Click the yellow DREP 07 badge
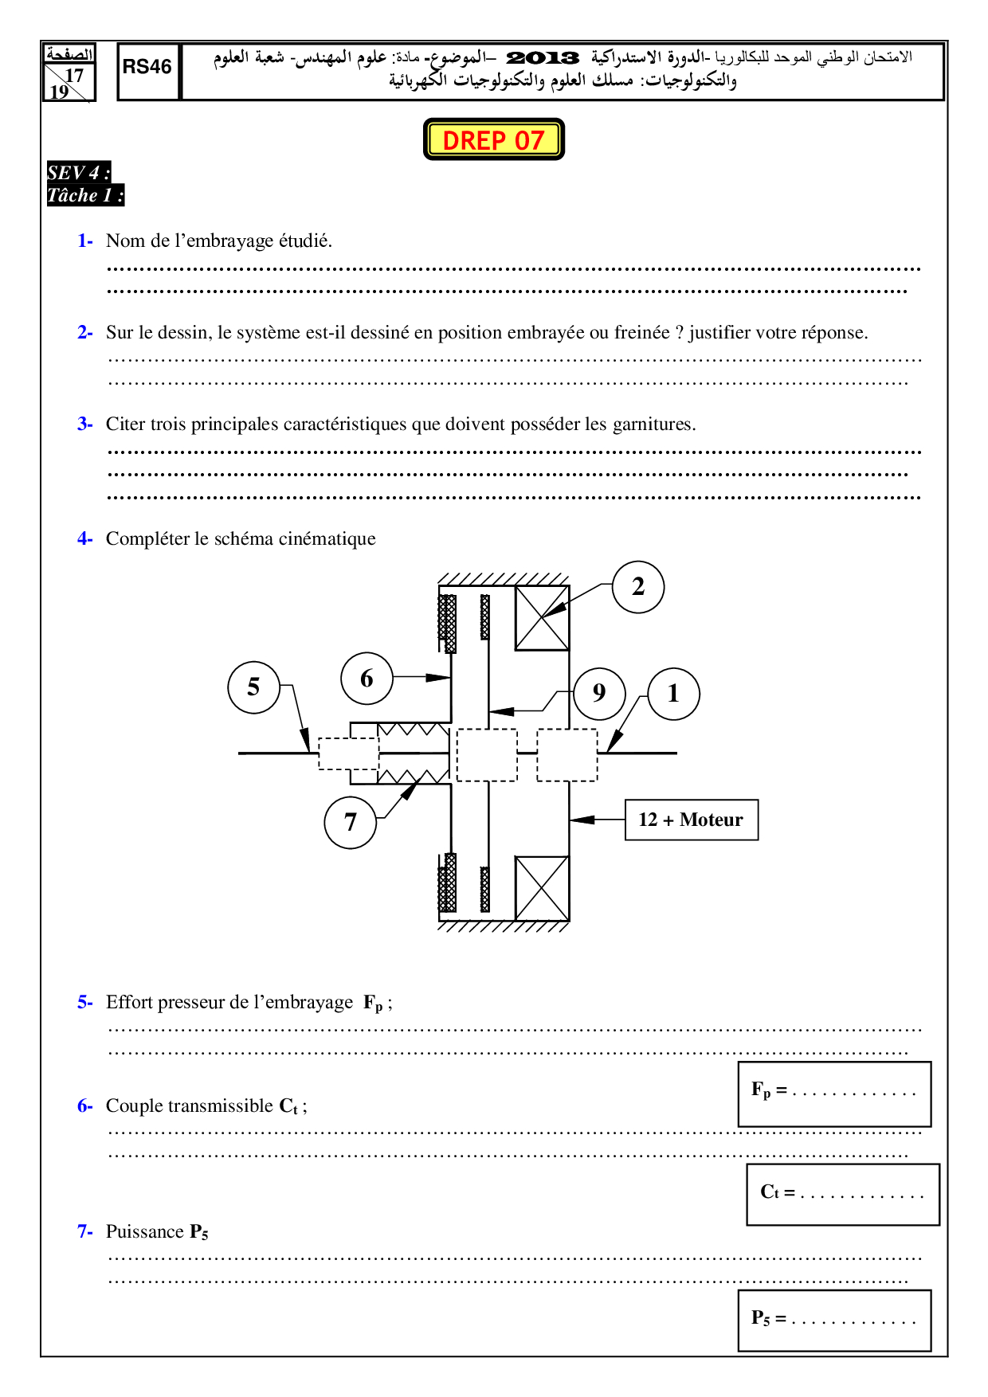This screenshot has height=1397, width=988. coord(494,139)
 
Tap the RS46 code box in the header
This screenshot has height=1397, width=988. coord(148,72)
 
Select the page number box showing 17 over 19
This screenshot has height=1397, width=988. coord(69,72)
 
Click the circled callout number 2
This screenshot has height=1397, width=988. coord(638,587)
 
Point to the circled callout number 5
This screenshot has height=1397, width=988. coord(254,687)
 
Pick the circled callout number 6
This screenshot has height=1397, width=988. coord(367,679)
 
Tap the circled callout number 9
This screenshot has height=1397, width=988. coord(599,693)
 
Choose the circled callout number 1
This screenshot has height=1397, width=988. coord(673,694)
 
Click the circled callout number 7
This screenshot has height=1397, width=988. coord(351,822)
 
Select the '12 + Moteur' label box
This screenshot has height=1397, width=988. coord(692,820)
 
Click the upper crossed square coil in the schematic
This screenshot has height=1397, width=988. coord(542,618)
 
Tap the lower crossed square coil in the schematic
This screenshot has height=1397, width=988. coord(542,888)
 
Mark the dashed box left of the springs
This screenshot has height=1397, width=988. coord(349,753)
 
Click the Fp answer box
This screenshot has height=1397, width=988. coord(834,1094)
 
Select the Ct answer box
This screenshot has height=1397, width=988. coord(843,1194)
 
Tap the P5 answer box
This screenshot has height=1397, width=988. coord(834,1321)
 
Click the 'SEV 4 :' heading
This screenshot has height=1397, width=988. coord(78,172)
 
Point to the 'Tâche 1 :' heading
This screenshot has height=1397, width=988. coord(85,195)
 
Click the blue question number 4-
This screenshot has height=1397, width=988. coord(85,538)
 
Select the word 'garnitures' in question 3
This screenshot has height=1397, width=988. coord(653,425)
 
